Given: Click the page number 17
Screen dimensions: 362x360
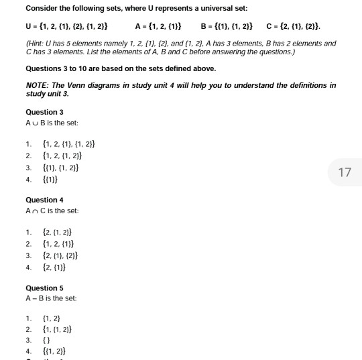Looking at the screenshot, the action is [345, 172].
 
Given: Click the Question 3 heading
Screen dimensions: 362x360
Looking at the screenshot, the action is [44, 112].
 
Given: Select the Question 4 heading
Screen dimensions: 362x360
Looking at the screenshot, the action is [44, 200].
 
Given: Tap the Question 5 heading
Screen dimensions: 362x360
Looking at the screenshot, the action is [44, 288].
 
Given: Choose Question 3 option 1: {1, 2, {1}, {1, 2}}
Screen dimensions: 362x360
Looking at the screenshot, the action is [69, 144].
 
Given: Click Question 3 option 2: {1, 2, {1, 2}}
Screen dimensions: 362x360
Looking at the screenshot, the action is [63, 156].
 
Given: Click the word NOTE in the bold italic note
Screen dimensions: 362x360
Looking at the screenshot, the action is [38, 84].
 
